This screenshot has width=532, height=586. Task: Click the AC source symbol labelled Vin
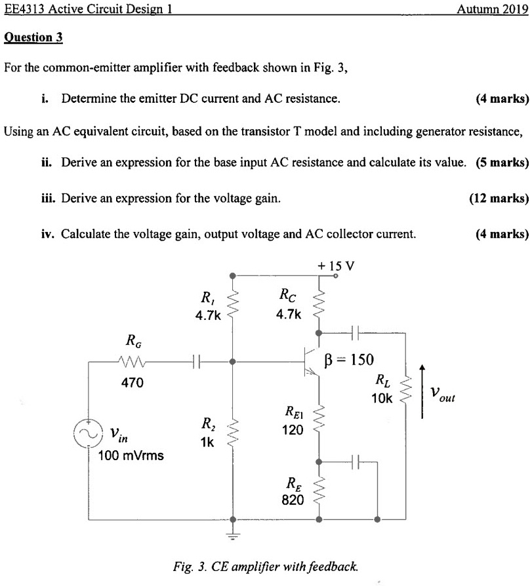pos(89,433)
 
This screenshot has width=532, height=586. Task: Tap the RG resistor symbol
pos(131,361)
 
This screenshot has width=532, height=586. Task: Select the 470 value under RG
pos(132,382)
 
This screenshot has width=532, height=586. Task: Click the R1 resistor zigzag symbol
pos(232,303)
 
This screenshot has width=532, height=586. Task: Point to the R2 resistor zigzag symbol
pos(232,431)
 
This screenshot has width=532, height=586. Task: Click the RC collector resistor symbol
pos(319,303)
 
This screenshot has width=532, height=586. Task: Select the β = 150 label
pos(349,359)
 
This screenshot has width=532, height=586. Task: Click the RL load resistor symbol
pos(405,388)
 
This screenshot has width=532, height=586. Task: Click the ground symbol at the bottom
pos(232,534)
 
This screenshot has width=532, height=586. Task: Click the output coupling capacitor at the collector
pos(355,332)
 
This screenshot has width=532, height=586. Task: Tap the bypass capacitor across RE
pos(355,461)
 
